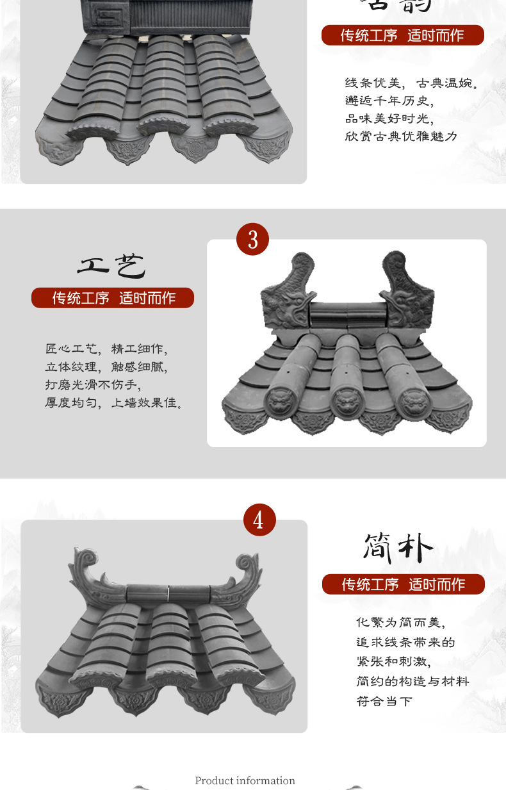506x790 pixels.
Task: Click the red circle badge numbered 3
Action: (253, 239)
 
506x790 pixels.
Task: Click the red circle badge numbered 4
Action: (259, 520)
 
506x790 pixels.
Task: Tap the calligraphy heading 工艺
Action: (112, 266)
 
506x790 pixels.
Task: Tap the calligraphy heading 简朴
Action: (398, 548)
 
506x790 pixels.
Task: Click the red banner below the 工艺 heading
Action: (113, 298)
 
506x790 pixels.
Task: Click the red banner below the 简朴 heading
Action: (403, 584)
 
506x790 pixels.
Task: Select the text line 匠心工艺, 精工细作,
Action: (106, 349)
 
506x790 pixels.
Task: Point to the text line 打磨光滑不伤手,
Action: (92, 385)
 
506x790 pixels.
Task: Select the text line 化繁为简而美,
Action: (400, 622)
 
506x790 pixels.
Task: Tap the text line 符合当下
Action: (384, 701)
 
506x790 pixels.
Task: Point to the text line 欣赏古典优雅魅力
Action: (401, 136)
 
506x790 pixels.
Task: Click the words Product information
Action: (245, 780)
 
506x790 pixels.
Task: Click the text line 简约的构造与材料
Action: (412, 681)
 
